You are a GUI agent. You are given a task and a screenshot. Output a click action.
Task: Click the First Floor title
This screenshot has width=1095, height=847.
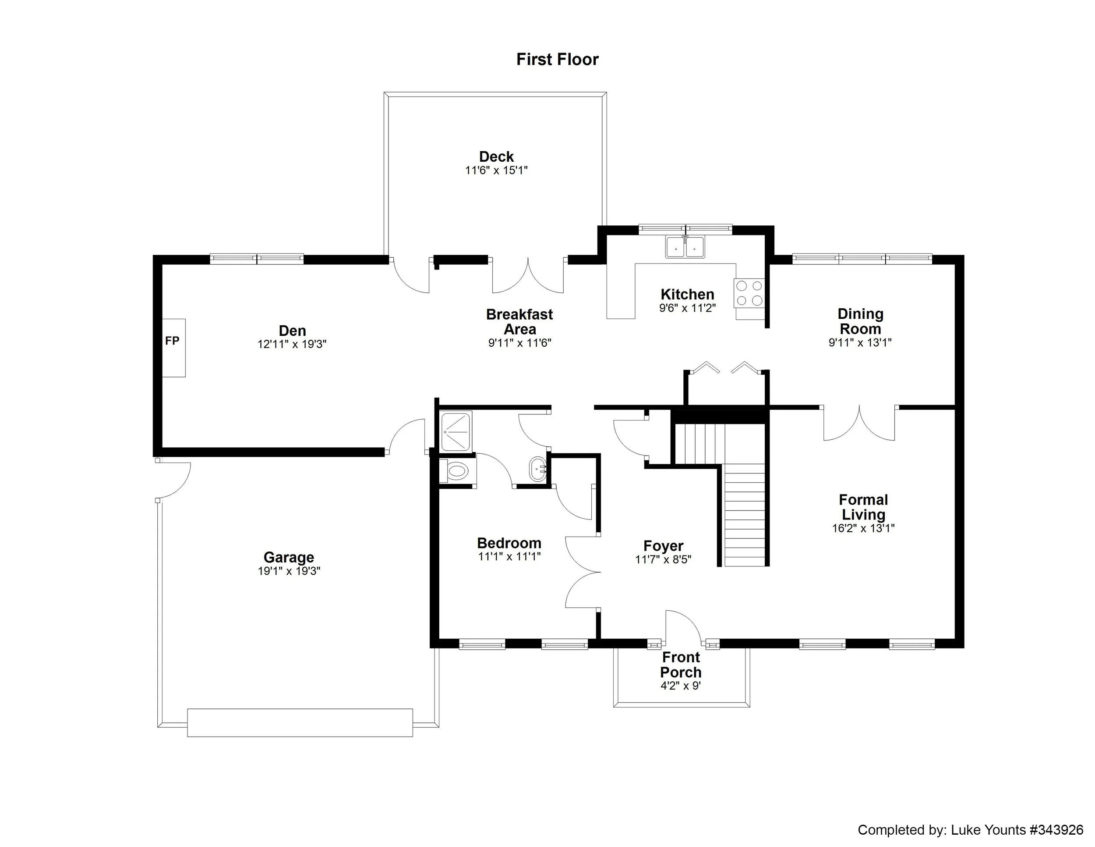tap(557, 59)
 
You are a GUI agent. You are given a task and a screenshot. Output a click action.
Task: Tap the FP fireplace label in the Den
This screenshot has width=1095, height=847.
tap(172, 341)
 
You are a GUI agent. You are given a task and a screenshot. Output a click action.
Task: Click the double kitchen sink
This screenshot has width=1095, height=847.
tap(685, 247)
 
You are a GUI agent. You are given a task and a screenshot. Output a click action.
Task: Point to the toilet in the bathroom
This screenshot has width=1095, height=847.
tap(456, 471)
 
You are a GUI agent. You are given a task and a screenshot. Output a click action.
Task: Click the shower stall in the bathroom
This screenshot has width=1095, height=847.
tap(456, 431)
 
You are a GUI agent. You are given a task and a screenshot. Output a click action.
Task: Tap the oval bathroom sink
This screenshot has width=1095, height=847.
tap(538, 470)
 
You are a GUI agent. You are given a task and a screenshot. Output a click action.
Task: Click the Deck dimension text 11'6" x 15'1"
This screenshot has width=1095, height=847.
tap(496, 171)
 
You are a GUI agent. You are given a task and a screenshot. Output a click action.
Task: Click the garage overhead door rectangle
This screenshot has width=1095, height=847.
tap(300, 722)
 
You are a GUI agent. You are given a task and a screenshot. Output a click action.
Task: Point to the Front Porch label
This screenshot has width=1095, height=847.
tap(680, 665)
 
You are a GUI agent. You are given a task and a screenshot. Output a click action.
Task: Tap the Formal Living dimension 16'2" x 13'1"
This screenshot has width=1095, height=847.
tap(863, 528)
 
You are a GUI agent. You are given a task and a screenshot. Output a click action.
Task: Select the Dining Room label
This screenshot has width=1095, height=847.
tap(860, 321)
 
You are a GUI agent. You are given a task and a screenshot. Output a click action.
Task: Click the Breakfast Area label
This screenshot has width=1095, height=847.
tap(519, 322)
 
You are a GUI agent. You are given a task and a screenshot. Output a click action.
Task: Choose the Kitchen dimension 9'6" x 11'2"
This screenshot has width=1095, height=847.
tap(687, 308)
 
